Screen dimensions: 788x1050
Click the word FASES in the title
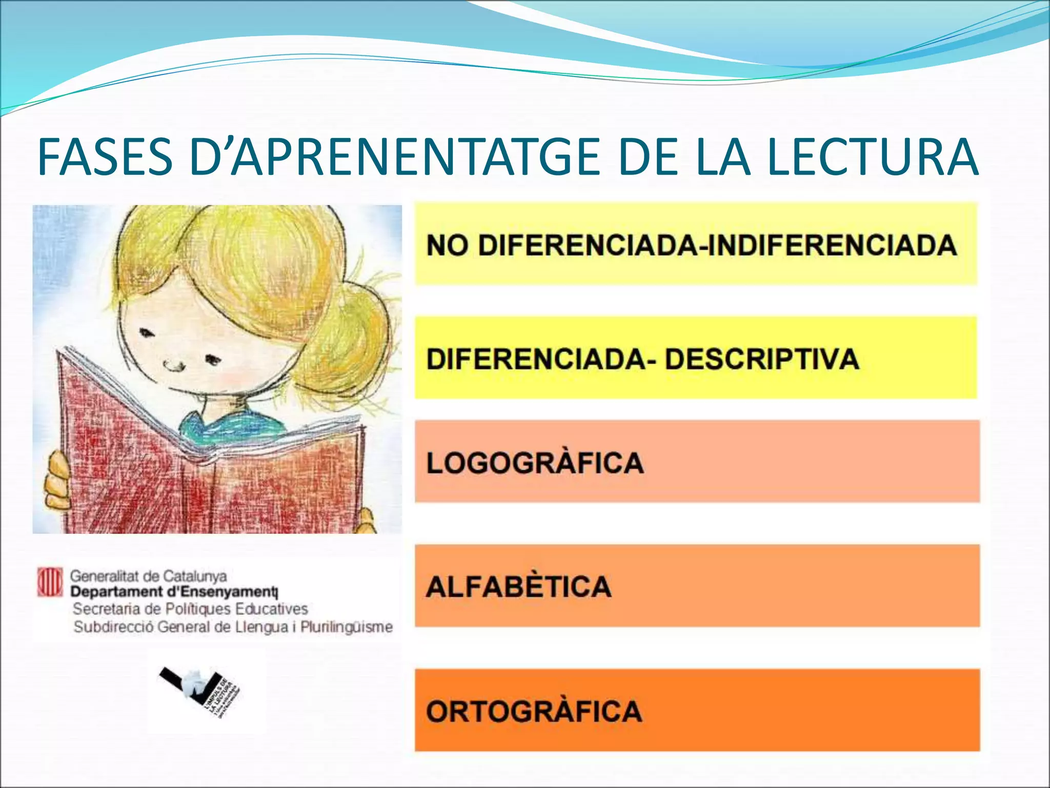[105, 156]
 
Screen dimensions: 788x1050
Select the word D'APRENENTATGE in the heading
[395, 156]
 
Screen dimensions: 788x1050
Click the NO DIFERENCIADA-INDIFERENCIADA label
[691, 245]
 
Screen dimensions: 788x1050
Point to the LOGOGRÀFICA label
[535, 463]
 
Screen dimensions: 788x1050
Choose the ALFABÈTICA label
[518, 586]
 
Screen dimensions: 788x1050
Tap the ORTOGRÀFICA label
[534, 712]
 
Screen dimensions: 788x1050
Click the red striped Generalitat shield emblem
[50, 582]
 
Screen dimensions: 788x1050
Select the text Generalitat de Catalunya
[148, 576]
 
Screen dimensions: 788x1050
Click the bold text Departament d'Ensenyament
[174, 592]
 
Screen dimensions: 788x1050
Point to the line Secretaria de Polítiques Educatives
[190, 609]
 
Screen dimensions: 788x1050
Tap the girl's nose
[174, 365]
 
